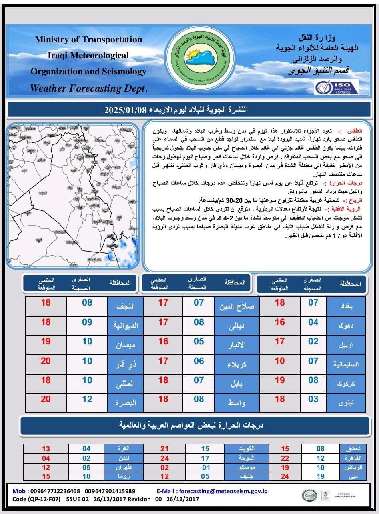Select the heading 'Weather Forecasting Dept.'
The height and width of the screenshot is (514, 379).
[x=89, y=88]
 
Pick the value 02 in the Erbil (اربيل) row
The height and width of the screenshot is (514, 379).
[x=313, y=342]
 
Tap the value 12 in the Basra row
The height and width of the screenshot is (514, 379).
[x=87, y=399]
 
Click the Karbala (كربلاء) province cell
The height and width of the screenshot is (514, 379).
[x=237, y=364]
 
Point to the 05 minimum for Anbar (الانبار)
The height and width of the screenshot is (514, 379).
[x=199, y=342]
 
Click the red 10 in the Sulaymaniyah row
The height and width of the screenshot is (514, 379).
[x=280, y=361]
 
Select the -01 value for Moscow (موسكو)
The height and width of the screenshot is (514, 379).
[x=205, y=467]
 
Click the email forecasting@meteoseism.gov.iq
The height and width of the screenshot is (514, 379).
[x=224, y=491]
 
